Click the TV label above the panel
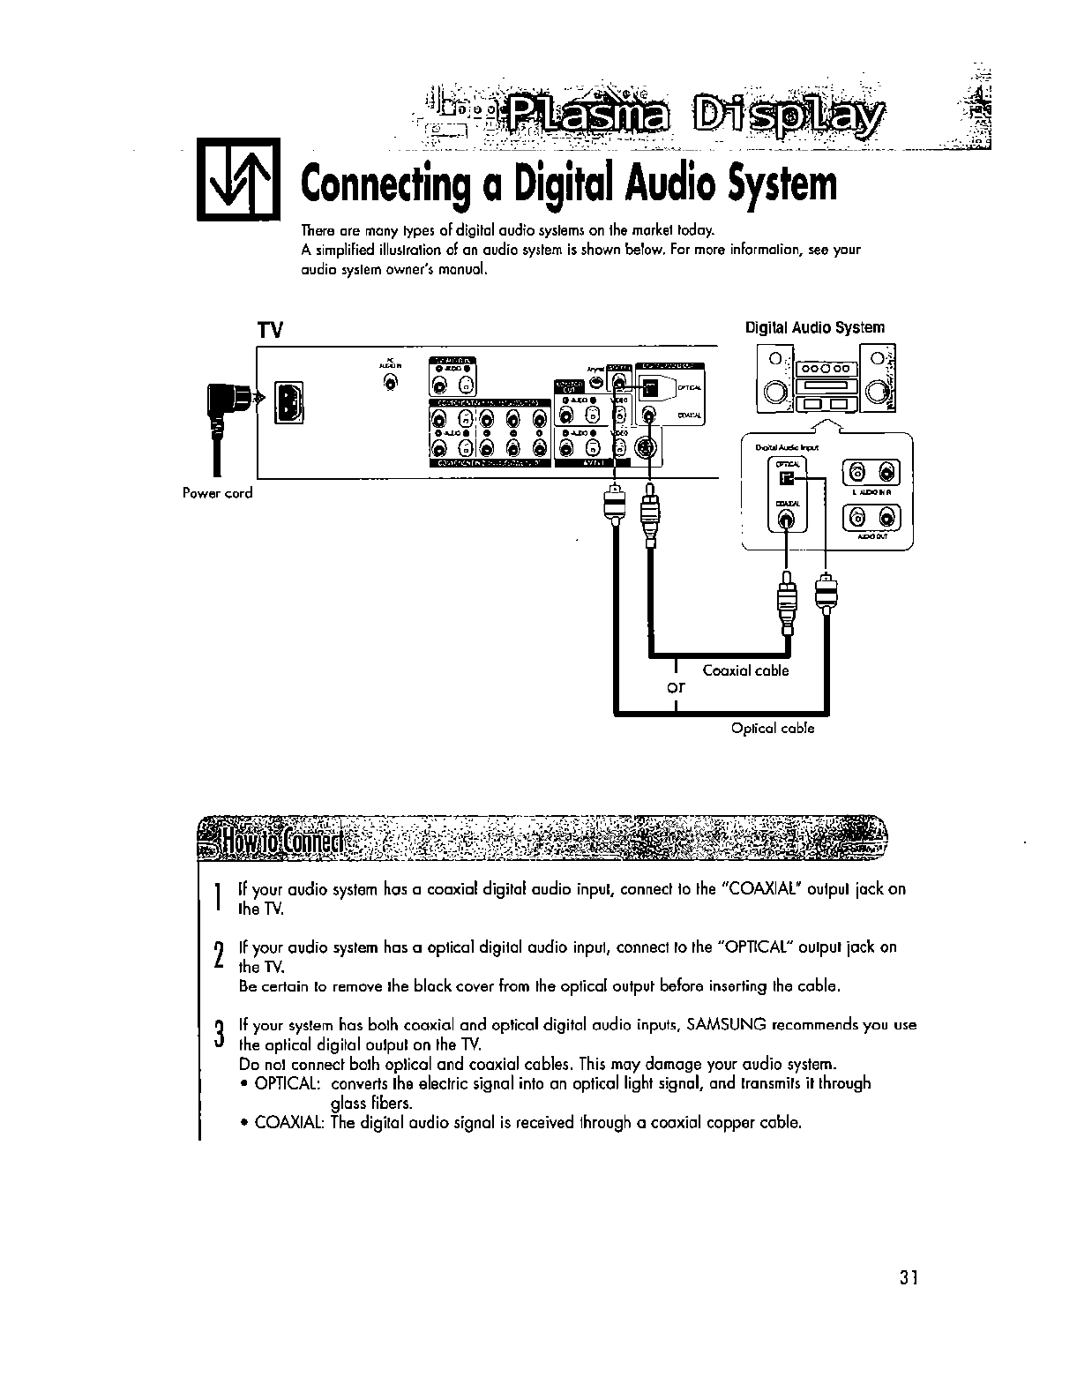(x=269, y=331)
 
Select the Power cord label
(x=217, y=493)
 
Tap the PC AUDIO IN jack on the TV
(x=391, y=382)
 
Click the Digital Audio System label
(x=814, y=327)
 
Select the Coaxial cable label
(x=745, y=670)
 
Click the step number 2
(x=218, y=955)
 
